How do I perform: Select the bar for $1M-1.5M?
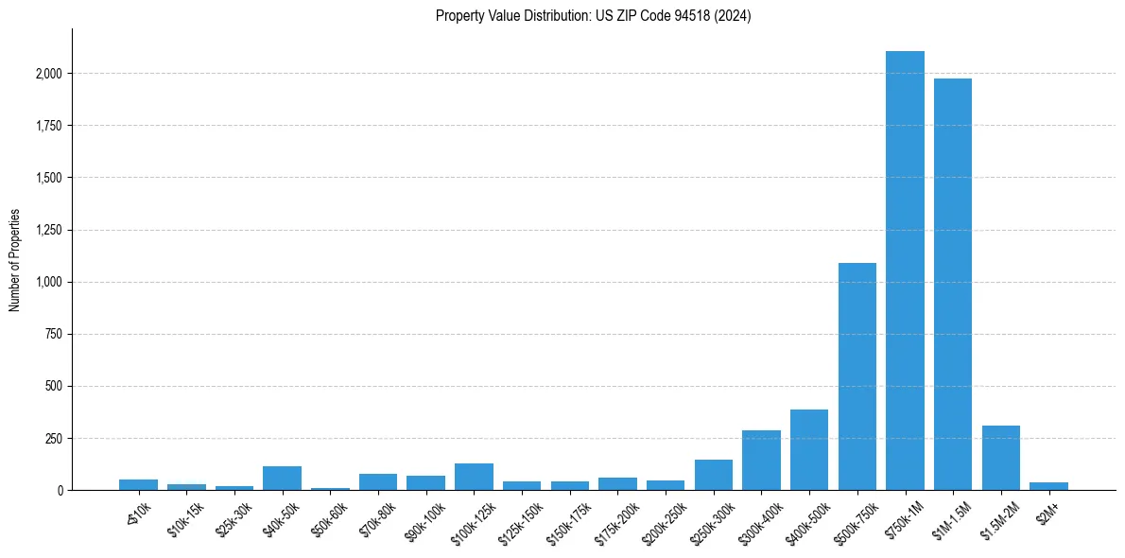tap(953, 284)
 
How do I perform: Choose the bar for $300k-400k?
tap(761, 461)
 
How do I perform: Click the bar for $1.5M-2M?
tap(1000, 458)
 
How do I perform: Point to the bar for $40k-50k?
tap(282, 479)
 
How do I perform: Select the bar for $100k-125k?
tap(474, 477)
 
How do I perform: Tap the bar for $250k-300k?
tap(713, 475)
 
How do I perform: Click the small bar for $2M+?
tap(1048, 486)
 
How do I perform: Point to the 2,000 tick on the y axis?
tap(48, 74)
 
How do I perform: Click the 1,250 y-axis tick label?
tap(48, 230)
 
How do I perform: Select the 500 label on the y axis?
tap(54, 387)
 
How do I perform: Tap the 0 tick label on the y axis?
tap(59, 491)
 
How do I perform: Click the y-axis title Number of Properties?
tap(15, 260)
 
